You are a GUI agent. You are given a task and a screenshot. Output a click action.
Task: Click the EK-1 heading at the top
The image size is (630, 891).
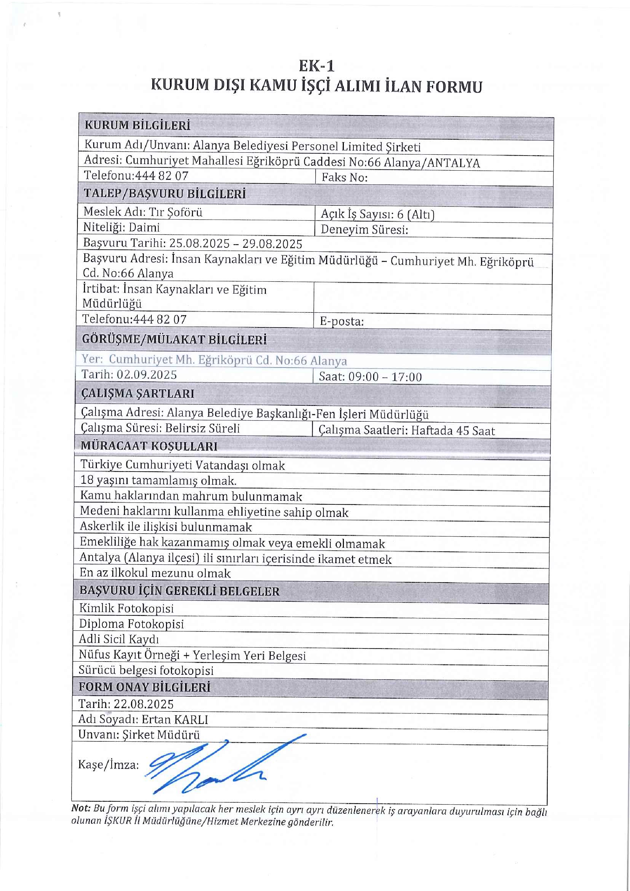click(316, 66)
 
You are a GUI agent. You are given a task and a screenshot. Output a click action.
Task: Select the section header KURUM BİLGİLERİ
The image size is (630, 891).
click(137, 125)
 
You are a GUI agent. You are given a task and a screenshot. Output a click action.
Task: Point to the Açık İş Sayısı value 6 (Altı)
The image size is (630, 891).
click(415, 214)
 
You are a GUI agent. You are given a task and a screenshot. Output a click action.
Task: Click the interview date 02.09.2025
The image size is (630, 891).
click(147, 374)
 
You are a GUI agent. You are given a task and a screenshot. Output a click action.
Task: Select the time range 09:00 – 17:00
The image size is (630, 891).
click(385, 377)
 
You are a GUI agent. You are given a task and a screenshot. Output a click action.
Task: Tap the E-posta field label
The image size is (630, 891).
click(341, 321)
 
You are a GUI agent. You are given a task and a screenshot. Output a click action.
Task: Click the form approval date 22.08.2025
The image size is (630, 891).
click(143, 704)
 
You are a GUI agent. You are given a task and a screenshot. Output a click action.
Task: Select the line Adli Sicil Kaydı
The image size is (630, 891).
click(119, 639)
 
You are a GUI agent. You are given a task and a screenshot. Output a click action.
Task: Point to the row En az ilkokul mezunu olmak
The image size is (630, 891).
click(155, 573)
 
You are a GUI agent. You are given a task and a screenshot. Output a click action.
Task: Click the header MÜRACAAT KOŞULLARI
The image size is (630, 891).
click(149, 446)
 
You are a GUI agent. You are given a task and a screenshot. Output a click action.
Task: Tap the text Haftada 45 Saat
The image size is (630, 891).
click(453, 431)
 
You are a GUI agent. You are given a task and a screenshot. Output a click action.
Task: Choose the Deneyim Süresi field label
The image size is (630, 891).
click(364, 230)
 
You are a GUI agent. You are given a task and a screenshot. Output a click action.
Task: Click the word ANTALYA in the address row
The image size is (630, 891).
click(453, 163)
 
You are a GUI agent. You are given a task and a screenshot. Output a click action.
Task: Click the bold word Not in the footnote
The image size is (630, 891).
click(80, 808)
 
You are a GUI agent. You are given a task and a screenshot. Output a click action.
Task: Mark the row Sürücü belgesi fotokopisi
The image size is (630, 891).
click(146, 670)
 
